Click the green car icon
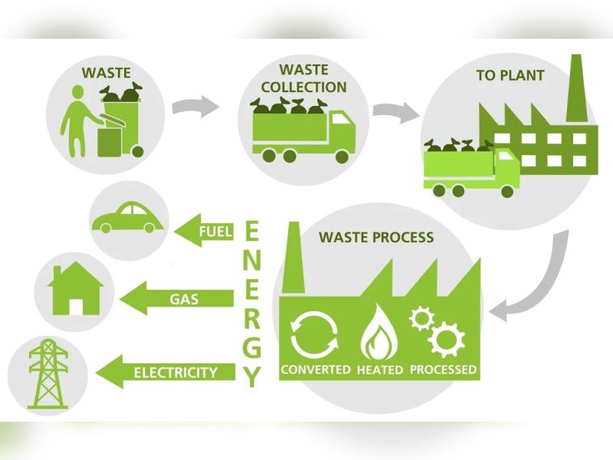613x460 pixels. (x=127, y=218)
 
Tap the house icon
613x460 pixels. (x=74, y=291)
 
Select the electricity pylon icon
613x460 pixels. (x=48, y=373)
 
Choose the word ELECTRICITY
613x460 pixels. (x=175, y=373)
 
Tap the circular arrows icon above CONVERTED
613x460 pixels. (x=315, y=335)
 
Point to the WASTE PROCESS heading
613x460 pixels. (x=376, y=238)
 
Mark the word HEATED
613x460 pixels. (x=380, y=370)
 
